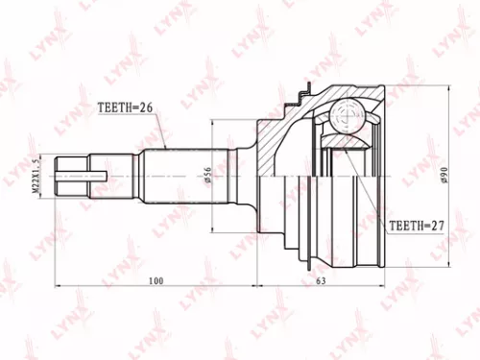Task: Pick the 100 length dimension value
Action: [x=156, y=281]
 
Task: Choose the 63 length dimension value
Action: [x=322, y=281]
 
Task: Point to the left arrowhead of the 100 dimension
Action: [x=60, y=287]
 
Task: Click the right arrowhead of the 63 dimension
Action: [x=386, y=287]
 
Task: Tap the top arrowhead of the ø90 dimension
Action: [x=446, y=89]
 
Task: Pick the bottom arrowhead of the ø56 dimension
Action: [x=213, y=228]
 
